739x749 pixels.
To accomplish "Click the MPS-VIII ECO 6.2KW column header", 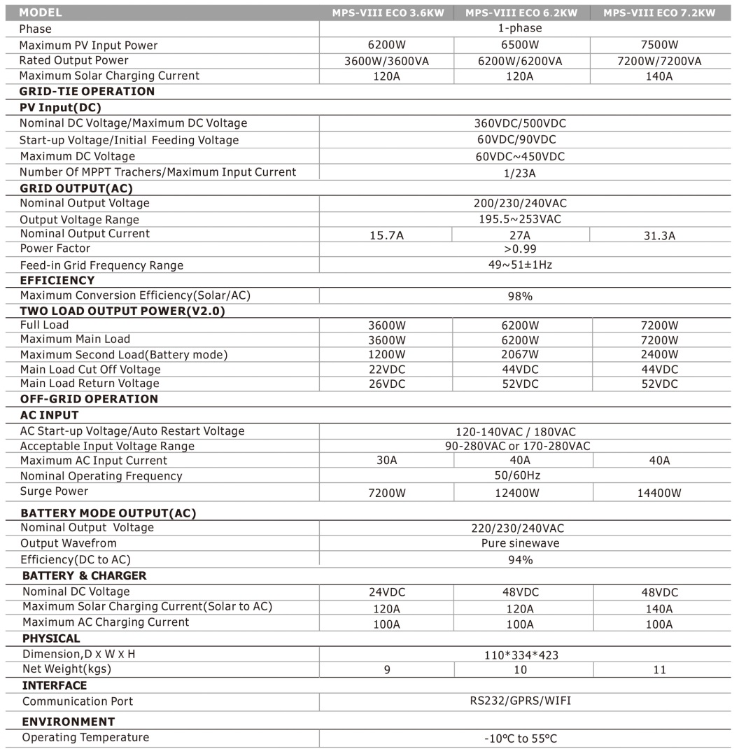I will pos(521,13).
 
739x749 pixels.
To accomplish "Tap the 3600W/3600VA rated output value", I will pos(386,61).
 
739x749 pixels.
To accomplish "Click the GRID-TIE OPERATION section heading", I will pos(87,91).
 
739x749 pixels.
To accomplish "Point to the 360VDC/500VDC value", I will pos(520,123).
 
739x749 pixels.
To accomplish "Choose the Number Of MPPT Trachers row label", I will pos(157,172).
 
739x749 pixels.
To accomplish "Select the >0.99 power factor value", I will pos(520,248).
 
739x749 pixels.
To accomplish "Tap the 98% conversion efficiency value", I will pos(520,296).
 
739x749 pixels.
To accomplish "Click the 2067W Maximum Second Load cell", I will pos(520,354).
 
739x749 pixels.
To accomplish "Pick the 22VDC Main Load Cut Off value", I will pos(386,370).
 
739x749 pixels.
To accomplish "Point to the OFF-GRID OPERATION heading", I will pos(89,399).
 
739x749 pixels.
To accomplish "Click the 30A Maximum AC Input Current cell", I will pos(386,461).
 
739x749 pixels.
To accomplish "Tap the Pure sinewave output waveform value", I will pos(520,543).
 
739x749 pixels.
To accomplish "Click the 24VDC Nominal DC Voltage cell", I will pos(386,592).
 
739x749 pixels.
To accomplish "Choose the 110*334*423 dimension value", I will pos(520,655).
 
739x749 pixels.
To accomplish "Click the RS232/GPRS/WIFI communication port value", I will pos(520,701).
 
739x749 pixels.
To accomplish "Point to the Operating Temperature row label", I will pos(85,737).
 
